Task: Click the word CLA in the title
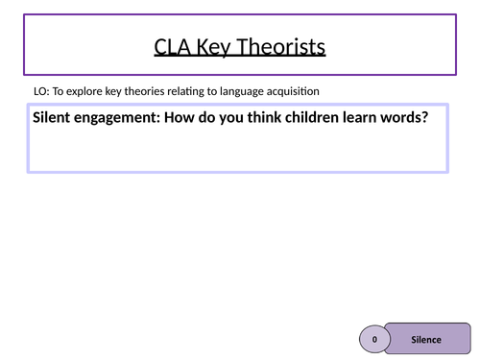pyautogui.click(x=172, y=47)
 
